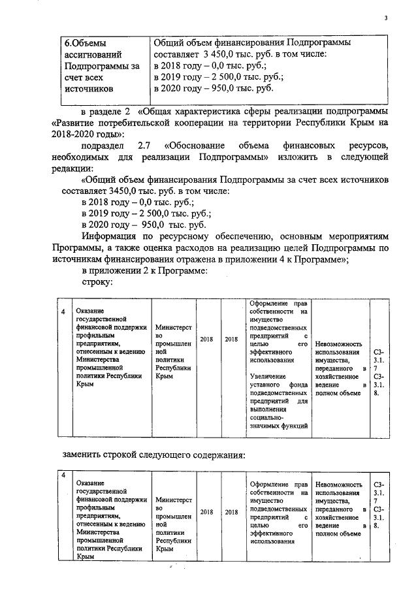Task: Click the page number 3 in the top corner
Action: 386,18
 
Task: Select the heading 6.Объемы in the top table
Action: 89,42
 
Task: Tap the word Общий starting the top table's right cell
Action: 169,42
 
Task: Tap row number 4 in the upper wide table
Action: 63,311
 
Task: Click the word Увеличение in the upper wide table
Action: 268,376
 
